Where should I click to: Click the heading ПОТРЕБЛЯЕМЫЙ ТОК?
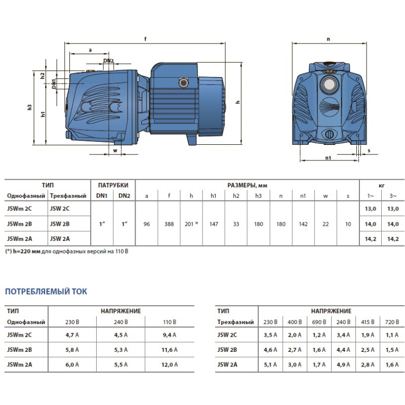coord(46,292)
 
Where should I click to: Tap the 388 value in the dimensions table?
coord(169,224)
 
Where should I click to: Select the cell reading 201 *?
coord(191,224)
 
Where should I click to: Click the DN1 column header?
coord(102,196)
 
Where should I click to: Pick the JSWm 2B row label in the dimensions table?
coord(20,224)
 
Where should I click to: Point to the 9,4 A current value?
coord(170,335)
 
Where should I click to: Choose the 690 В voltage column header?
coord(319,322)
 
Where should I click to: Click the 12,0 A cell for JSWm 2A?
coord(170,364)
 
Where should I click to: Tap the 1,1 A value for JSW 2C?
coord(392,335)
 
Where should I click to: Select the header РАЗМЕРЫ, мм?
coord(247,185)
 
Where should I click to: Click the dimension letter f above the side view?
coord(145,39)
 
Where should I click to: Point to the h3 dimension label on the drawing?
coord(30,107)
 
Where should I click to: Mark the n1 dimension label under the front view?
coord(328,158)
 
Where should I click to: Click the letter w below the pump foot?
coord(115,150)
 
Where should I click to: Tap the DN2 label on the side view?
coord(108,61)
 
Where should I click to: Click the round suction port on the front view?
coord(329,85)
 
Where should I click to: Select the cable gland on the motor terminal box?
coord(184,83)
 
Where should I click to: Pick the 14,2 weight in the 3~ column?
coord(393,239)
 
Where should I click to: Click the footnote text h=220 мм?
coord(27,251)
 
